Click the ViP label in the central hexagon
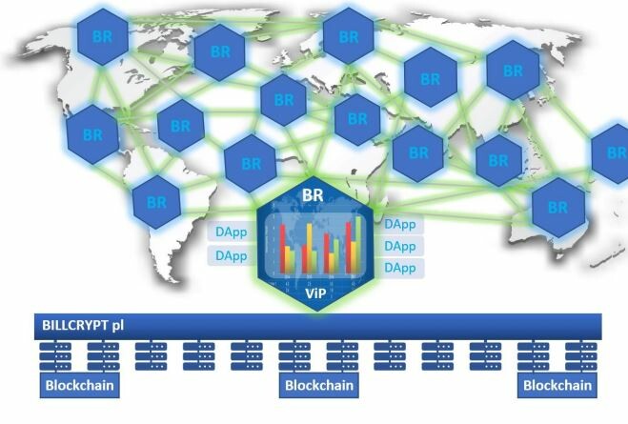pyautogui.click(x=315, y=293)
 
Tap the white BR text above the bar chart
pyautogui.click(x=313, y=195)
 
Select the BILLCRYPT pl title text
pyautogui.click(x=83, y=325)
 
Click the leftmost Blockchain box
pyautogui.click(x=80, y=385)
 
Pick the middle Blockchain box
pyautogui.click(x=319, y=385)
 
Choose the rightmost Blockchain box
pyautogui.click(x=557, y=385)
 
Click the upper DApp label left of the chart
pyautogui.click(x=232, y=232)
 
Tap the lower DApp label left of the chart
pyautogui.click(x=232, y=255)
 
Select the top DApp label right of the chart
pyautogui.click(x=399, y=224)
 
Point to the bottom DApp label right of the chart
pyautogui.click(x=399, y=268)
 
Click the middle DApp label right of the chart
pyautogui.click(x=399, y=246)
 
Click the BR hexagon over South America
pyautogui.click(x=156, y=202)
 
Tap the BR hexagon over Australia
pyautogui.click(x=557, y=208)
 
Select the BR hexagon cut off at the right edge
pyautogui.click(x=611, y=153)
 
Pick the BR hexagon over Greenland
pyautogui.click(x=219, y=52)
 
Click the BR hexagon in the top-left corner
pyautogui.click(x=103, y=37)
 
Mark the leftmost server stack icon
pyautogui.click(x=55, y=356)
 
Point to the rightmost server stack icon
pyautogui.click(x=581, y=356)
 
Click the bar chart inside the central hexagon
pyautogui.click(x=314, y=245)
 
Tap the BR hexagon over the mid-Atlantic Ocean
pyautogui.click(x=252, y=163)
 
